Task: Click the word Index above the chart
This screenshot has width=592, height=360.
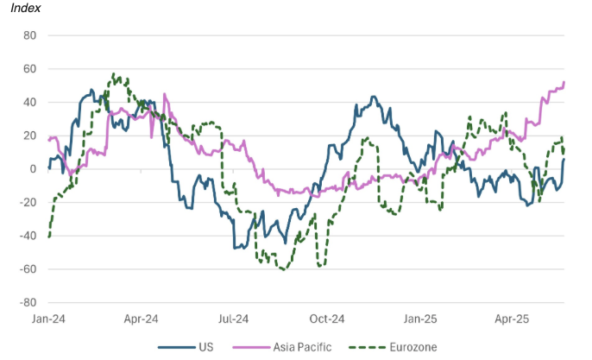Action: point(26,9)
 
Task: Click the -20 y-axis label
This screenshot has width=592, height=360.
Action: point(28,202)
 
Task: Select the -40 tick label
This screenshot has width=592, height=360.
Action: point(28,236)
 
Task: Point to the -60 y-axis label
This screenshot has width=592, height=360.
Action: point(28,269)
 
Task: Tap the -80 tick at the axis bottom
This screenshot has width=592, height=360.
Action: point(28,303)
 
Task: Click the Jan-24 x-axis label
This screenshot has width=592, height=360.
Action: point(48,319)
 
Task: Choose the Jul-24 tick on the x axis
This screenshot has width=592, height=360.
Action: point(235,319)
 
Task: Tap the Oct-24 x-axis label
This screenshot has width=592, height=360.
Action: point(328,319)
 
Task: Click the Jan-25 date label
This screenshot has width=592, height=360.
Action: point(421,319)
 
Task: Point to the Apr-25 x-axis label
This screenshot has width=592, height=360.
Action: point(513,319)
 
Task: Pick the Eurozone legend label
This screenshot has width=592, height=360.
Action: point(412,347)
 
